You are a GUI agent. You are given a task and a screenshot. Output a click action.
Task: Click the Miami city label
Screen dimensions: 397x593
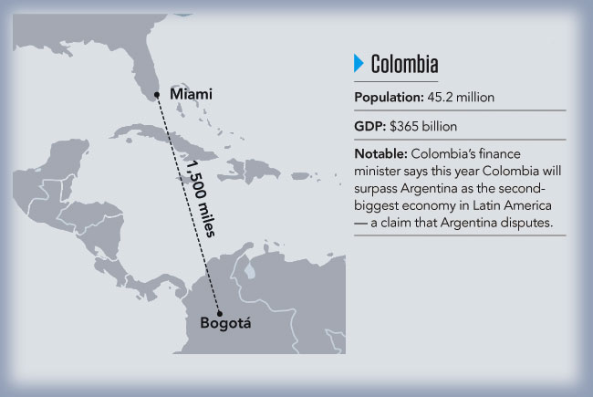[x=191, y=94]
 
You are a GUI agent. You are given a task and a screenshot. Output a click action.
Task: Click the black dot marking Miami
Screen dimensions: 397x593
[x=159, y=94]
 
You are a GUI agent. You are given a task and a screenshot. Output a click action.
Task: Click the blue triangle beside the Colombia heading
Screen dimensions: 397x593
[x=359, y=63]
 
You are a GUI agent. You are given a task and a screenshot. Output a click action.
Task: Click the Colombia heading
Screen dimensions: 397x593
[x=404, y=64]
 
